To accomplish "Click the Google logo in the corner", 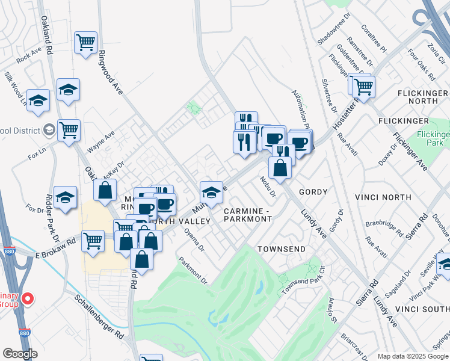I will pos(20,354).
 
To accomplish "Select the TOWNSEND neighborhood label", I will pos(282,248).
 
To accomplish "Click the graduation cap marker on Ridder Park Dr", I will pos(65,197).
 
